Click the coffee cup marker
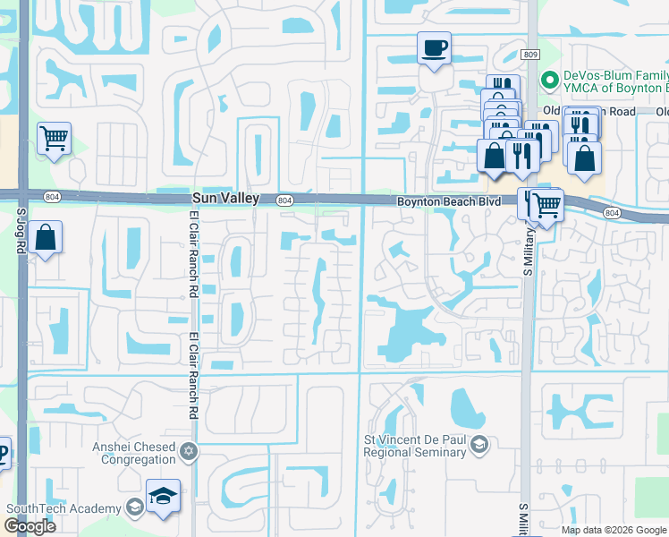[x=434, y=48]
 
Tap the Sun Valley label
[x=224, y=198]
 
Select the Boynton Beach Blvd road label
[x=449, y=202]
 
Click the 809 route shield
[x=530, y=55]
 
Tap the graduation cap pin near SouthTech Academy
[x=164, y=497]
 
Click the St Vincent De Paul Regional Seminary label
[x=415, y=446]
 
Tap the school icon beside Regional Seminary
[x=479, y=445]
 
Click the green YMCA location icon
[x=550, y=79]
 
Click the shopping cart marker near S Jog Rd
[x=55, y=139]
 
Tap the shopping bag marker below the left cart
[x=45, y=239]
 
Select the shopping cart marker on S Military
[x=546, y=205]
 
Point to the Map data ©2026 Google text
[x=614, y=530]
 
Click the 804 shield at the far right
[x=612, y=212]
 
